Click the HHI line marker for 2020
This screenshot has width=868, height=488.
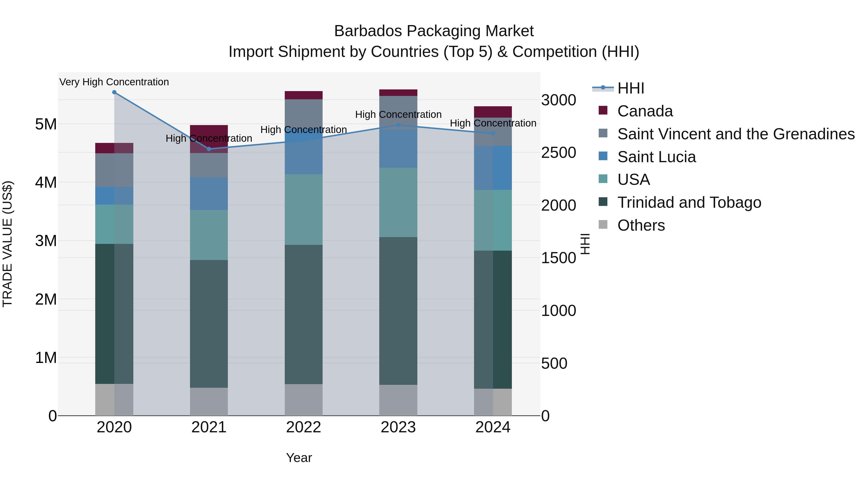tap(114, 92)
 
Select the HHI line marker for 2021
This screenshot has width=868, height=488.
tap(209, 149)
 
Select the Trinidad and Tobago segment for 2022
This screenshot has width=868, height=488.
tap(304, 314)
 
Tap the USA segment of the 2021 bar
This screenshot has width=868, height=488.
tap(209, 235)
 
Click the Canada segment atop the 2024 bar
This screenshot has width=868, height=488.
tap(493, 112)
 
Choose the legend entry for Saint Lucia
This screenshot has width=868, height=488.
tap(656, 157)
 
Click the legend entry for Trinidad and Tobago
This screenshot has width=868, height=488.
tap(689, 202)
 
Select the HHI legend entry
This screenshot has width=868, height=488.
tap(631, 88)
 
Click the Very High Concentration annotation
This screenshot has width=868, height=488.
tap(114, 82)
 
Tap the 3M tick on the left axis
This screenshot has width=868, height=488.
tap(46, 241)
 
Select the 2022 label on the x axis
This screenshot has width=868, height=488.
tap(304, 427)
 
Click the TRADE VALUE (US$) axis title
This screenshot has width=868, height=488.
tap(7, 244)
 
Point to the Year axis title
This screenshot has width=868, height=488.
tap(299, 458)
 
